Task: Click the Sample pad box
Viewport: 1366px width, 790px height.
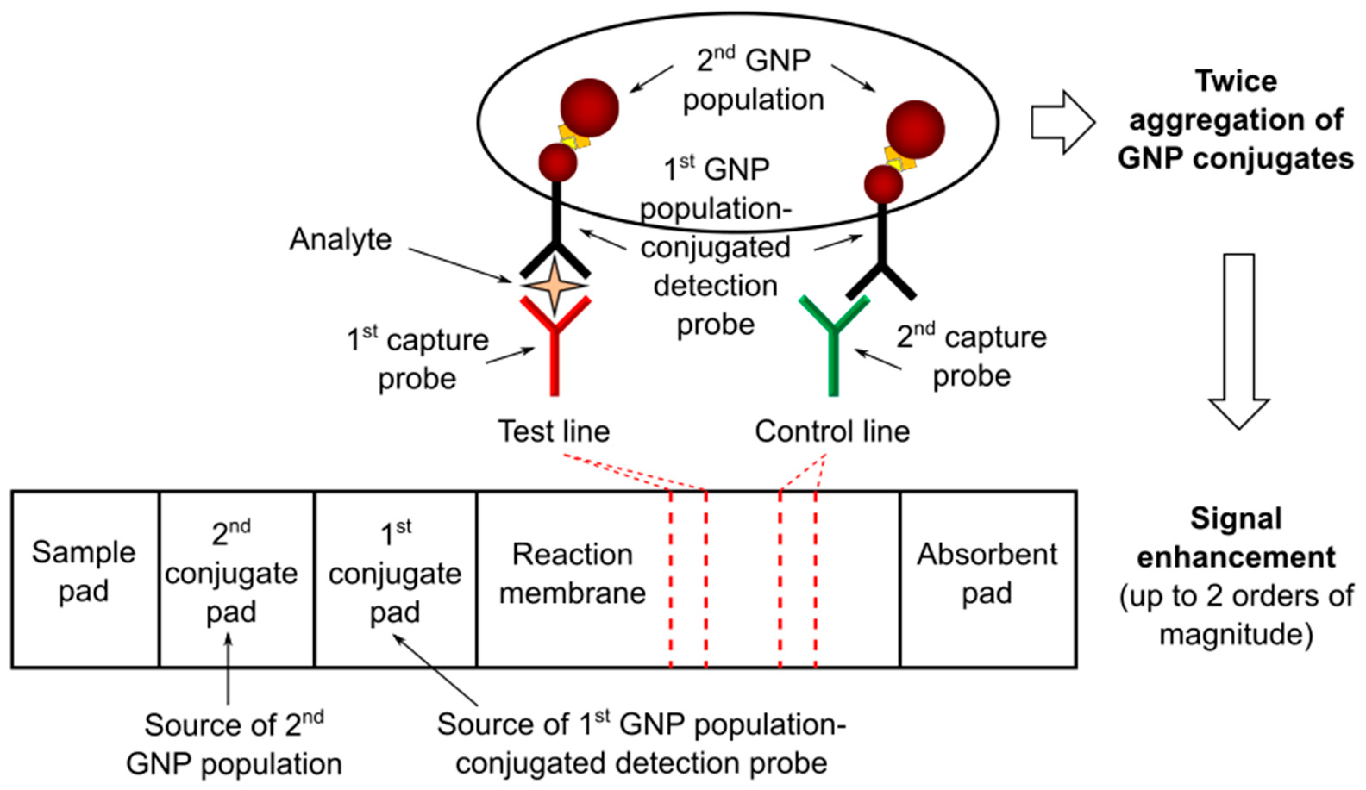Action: pyautogui.click(x=85, y=579)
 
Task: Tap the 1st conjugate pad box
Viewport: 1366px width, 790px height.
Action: pyautogui.click(x=395, y=579)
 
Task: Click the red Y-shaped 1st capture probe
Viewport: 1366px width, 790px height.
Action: pyautogui.click(x=555, y=347)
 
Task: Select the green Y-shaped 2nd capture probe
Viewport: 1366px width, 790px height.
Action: pyautogui.click(x=833, y=347)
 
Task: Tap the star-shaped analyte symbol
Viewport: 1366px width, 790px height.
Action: pyautogui.click(x=555, y=285)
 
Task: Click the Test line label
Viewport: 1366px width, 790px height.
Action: pyautogui.click(x=554, y=431)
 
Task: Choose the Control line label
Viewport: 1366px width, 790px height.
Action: pyautogui.click(x=832, y=431)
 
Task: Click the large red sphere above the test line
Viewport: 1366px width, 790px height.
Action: pyautogui.click(x=589, y=107)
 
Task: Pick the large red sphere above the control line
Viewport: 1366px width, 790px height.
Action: pyautogui.click(x=915, y=129)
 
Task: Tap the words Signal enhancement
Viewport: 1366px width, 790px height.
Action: pyautogui.click(x=1236, y=537)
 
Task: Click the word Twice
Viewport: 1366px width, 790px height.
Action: pyautogui.click(x=1236, y=81)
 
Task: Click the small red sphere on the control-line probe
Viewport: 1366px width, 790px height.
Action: pyautogui.click(x=883, y=184)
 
